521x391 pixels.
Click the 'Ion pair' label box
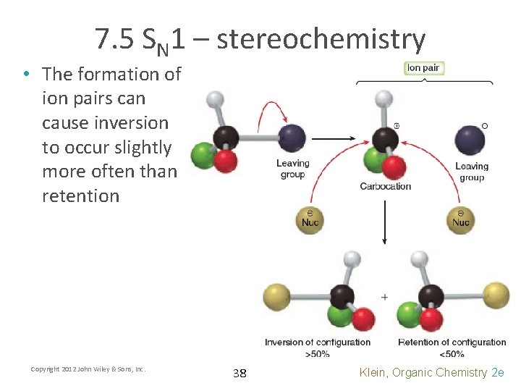pos(423,68)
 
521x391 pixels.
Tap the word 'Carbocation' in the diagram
pos(385,186)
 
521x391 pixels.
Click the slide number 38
pos(240,374)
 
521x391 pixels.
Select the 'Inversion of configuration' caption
pos(318,342)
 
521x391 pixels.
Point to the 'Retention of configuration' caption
pos(452,342)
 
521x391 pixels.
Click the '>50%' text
pos(318,353)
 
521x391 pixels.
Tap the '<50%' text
pos(452,353)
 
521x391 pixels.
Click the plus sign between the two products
pos(384,297)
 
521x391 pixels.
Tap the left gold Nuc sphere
pos(310,218)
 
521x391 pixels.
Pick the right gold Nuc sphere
pos(461,218)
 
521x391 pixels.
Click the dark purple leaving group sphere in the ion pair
pos(470,139)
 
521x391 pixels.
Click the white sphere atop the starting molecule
pos(215,99)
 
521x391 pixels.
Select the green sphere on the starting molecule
pos(203,155)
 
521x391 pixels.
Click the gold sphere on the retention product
pos(496,295)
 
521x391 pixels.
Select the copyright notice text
pos(88,369)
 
